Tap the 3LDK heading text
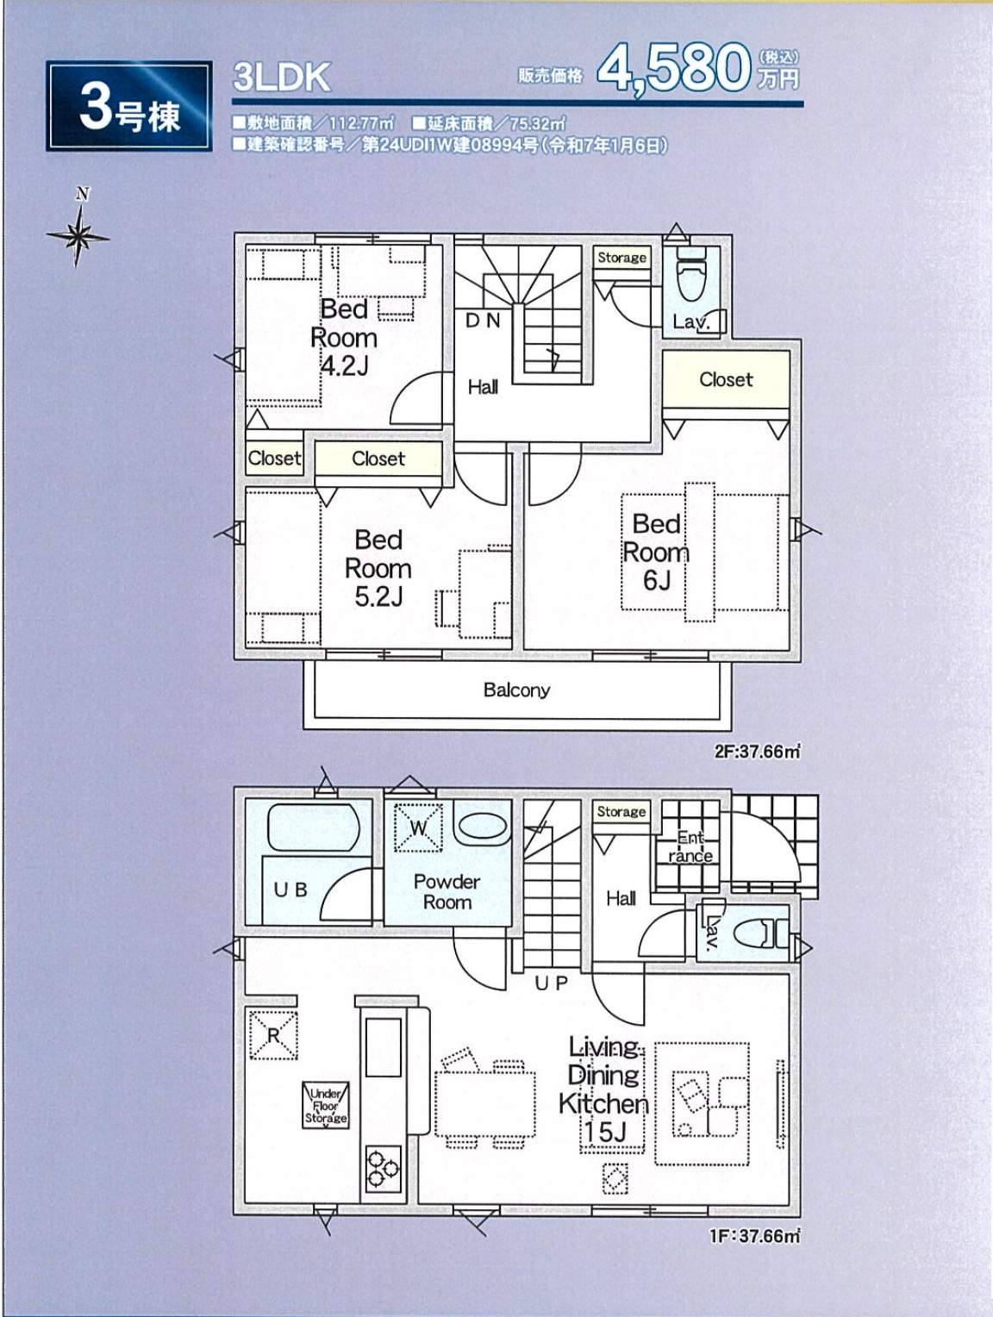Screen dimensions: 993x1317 coord(281,78)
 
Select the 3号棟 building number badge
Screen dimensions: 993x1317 coord(129,106)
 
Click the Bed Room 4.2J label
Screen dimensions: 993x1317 coord(344,337)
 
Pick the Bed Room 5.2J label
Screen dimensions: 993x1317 coord(378,568)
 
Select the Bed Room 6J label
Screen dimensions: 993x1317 coord(656,552)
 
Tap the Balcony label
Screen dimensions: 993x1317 coord(516,690)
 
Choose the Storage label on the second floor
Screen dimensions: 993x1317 coord(621,258)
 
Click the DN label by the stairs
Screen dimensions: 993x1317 coord(483,321)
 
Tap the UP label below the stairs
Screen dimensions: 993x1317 coord(551,983)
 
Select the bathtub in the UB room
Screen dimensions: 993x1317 coord(313,827)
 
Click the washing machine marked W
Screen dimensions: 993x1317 coord(418,827)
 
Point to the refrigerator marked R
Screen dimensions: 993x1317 coord(273,1035)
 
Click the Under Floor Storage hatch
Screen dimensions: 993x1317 coord(326,1105)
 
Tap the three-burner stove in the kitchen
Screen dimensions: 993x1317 coord(384,1168)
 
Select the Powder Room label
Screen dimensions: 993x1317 coord(447,891)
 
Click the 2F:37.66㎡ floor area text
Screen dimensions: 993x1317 coord(757,752)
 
